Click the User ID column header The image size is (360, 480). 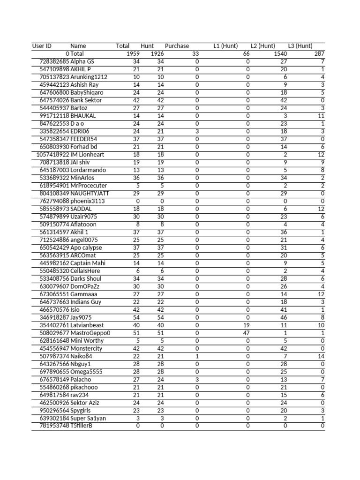click(42, 46)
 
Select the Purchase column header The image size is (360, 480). click(177, 46)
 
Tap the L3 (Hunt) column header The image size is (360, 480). click(300, 46)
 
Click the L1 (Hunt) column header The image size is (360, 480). click(225, 46)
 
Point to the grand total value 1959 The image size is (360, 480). click(133, 54)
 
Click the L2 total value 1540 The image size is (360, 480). click(280, 54)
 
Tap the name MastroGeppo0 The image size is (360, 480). click(90, 333)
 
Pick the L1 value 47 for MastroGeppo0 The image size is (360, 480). click(246, 333)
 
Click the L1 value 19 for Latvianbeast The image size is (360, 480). click(246, 325)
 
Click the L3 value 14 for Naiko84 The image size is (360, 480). click(321, 356)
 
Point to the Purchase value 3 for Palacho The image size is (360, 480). click(197, 379)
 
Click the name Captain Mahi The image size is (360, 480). click(88, 263)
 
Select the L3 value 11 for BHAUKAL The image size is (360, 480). click(321, 116)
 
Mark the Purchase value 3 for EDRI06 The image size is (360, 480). click(197, 131)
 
